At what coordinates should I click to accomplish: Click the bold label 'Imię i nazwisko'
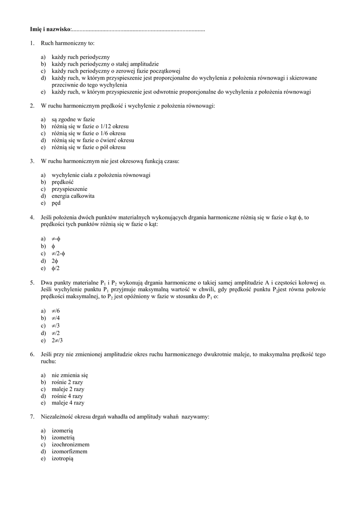pos(50,30)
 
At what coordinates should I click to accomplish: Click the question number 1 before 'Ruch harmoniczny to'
pos(32,44)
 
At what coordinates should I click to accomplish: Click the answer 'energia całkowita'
pos(73,196)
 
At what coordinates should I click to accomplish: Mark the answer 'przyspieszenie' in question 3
pos(69,189)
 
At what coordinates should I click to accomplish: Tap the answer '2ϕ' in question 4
pos(55,260)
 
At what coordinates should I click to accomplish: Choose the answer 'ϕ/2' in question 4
pos(55,268)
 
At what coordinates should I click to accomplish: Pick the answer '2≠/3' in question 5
pos(57,340)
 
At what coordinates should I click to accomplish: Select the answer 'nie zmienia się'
pos(70,375)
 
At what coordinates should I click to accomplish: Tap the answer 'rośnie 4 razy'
pos(68,396)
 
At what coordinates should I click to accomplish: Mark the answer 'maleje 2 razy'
pos(68,389)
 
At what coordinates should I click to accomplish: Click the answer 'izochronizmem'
pos(71,444)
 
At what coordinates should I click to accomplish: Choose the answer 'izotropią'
pos(62,458)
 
